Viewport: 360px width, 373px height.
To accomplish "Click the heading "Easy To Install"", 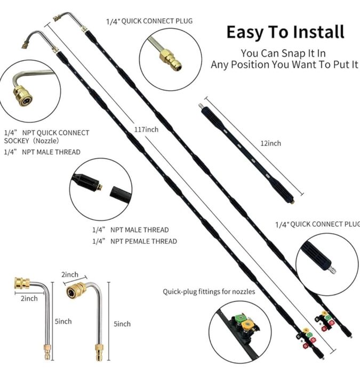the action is (x=285, y=32).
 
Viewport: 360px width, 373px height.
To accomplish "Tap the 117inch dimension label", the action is (x=146, y=130).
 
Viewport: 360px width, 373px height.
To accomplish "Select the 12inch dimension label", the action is (x=270, y=144).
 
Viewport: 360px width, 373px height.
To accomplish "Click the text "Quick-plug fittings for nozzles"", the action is (x=209, y=292).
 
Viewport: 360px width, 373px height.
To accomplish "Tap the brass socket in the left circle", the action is (x=23, y=96).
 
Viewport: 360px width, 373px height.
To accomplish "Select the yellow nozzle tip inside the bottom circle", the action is (x=248, y=324).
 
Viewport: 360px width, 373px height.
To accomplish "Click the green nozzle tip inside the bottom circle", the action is (x=239, y=318).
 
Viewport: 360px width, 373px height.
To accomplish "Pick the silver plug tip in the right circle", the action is (x=332, y=270).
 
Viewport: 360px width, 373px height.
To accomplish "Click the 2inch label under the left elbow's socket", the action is (x=29, y=298).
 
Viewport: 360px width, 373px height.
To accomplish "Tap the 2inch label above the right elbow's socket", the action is (x=70, y=274).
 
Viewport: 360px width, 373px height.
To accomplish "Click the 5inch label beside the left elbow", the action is (x=63, y=322).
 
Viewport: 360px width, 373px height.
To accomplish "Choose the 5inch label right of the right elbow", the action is (x=122, y=324).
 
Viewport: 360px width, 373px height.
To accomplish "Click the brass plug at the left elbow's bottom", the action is (x=47, y=352).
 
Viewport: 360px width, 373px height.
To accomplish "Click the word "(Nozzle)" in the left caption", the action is (x=46, y=141).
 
